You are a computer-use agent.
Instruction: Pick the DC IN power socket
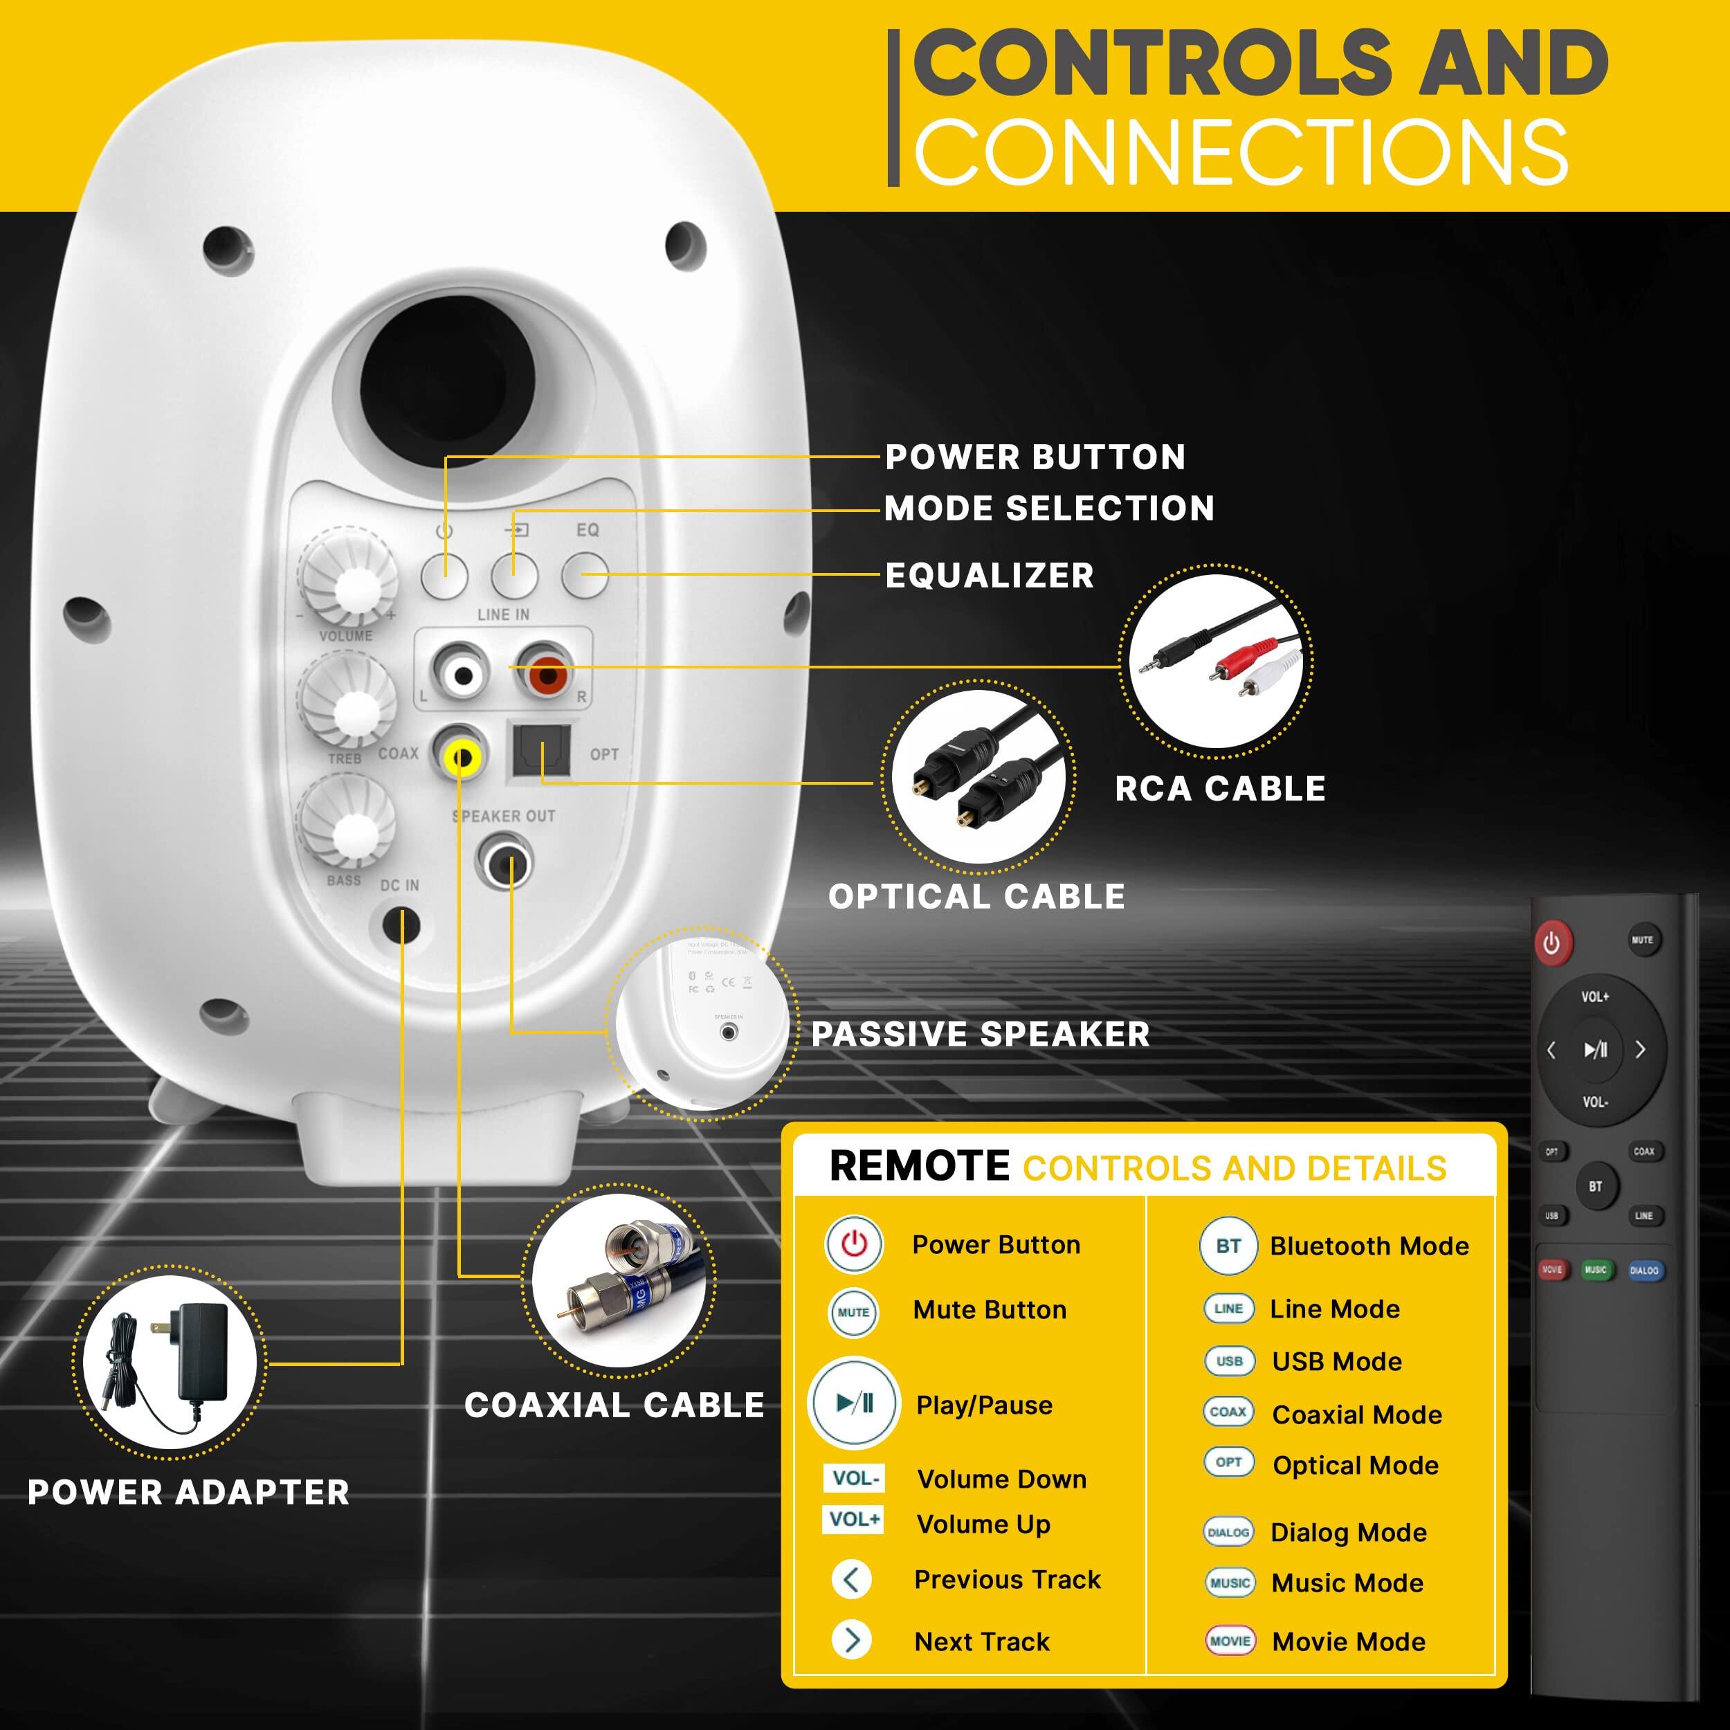coord(401,925)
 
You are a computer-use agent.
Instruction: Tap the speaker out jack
coord(505,862)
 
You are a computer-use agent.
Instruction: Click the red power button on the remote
coord(1551,943)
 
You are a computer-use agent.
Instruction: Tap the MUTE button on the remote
coord(1641,939)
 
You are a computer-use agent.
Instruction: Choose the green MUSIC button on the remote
coord(1595,1270)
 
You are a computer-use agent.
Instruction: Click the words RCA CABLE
coord(1219,789)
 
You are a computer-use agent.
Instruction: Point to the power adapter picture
coord(170,1362)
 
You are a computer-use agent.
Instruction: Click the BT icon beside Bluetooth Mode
coord(1228,1246)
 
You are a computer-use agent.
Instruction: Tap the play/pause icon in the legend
coord(853,1403)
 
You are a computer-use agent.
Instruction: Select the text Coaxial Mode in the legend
coord(1356,1415)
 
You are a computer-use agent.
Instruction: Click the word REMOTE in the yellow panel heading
coord(919,1167)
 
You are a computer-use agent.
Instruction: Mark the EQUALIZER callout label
coord(990,575)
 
